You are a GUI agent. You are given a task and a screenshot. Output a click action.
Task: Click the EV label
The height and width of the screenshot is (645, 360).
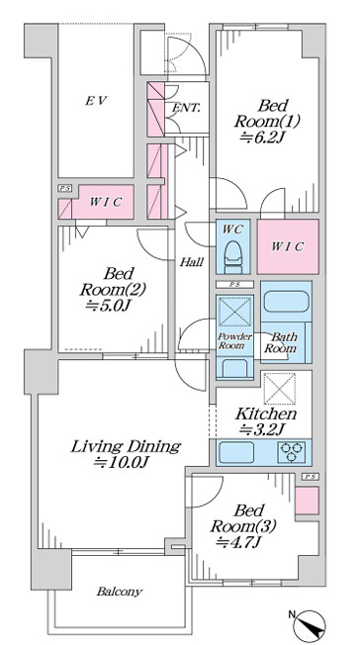pyautogui.click(x=96, y=100)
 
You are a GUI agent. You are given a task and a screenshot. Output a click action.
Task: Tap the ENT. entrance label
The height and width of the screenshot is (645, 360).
pyautogui.click(x=186, y=108)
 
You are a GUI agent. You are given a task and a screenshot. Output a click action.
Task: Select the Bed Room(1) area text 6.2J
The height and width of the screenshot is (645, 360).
pyautogui.click(x=262, y=138)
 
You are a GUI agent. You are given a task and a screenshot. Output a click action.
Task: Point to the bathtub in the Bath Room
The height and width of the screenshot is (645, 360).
pyautogui.click(x=286, y=301)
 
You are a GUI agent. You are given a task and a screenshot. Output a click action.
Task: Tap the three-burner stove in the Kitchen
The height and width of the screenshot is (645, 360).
pyautogui.click(x=292, y=452)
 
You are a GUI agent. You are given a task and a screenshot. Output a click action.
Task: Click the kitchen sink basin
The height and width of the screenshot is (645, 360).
pyautogui.click(x=236, y=452)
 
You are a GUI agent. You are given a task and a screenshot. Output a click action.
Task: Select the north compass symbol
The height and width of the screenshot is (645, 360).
pyautogui.click(x=310, y=624)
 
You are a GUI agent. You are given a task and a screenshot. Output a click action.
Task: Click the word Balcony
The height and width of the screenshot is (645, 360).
pyautogui.click(x=120, y=592)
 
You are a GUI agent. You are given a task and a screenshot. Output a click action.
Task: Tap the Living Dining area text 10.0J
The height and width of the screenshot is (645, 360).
pyautogui.click(x=121, y=462)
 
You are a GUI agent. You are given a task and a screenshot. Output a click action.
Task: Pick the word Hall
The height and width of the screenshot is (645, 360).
pyautogui.click(x=191, y=262)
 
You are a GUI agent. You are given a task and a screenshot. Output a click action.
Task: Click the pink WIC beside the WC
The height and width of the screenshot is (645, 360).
pyautogui.click(x=288, y=246)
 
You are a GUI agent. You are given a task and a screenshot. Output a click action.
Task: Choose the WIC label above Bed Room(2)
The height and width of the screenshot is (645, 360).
pyautogui.click(x=106, y=203)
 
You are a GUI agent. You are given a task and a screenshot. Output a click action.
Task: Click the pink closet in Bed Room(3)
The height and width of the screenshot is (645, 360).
pyautogui.click(x=307, y=501)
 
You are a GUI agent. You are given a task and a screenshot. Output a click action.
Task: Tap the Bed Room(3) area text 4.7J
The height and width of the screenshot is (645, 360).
pyautogui.click(x=238, y=542)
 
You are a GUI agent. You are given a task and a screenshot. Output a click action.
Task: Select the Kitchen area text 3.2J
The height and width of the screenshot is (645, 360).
pyautogui.click(x=262, y=430)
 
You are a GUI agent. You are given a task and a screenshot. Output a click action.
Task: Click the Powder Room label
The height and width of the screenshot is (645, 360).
pyautogui.click(x=234, y=341)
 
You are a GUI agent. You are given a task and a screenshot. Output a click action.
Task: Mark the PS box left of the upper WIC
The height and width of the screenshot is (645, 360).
pyautogui.click(x=64, y=188)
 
